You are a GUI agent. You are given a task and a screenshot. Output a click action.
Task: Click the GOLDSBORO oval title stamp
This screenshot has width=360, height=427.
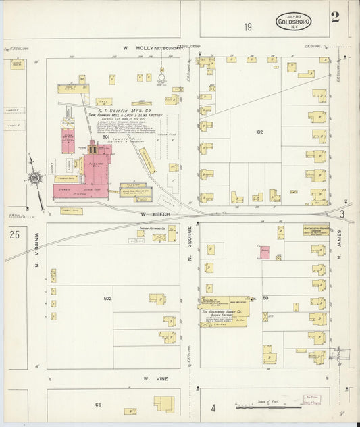[294, 22]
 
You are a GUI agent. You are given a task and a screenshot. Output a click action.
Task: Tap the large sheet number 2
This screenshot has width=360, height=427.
[335, 18]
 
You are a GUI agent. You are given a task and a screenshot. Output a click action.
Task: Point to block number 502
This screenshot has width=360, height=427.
[107, 298]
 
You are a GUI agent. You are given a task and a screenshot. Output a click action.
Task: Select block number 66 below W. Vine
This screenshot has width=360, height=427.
[98, 404]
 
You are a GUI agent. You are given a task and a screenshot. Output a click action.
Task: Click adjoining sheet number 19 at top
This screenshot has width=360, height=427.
[248, 27]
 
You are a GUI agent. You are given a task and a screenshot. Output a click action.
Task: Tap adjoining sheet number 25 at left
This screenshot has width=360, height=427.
[14, 234]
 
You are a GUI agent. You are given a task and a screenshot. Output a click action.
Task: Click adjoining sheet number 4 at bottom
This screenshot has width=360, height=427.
[213, 407]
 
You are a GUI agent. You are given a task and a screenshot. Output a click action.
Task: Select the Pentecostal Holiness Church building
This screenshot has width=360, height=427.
[315, 230]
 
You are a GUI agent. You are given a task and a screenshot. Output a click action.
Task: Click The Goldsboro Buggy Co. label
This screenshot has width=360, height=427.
[223, 312]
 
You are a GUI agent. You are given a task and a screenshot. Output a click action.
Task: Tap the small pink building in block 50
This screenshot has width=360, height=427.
[265, 252]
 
